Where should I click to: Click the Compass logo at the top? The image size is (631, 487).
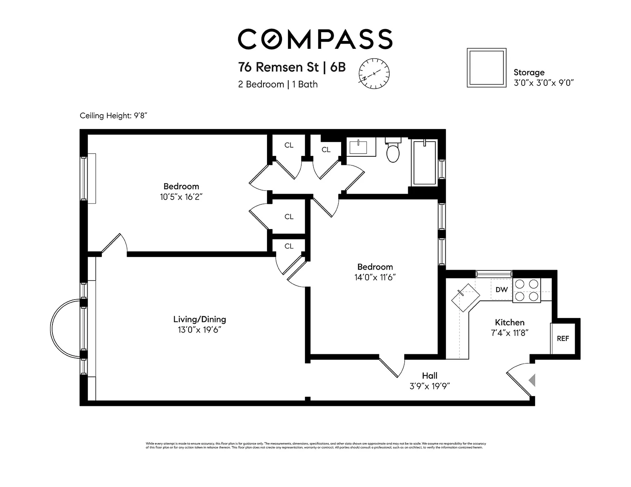[315, 39]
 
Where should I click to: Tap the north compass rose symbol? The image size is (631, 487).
[374, 73]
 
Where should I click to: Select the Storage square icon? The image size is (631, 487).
[486, 68]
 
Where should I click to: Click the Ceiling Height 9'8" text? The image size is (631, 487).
[113, 116]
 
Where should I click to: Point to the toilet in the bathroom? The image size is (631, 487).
[393, 150]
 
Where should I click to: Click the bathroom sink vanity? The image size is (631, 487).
[360, 147]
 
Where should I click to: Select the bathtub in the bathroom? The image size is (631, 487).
[425, 163]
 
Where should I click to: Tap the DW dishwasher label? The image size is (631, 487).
[501, 290]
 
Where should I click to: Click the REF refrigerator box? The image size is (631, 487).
[562, 338]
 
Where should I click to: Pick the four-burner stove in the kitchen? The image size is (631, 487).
[526, 290]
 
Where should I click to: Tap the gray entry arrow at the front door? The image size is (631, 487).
[532, 380]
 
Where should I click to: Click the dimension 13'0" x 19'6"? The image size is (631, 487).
[199, 330]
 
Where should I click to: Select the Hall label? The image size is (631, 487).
[429, 376]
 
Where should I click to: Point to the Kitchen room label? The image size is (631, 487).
[510, 322]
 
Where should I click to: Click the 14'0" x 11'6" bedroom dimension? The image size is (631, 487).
[375, 277]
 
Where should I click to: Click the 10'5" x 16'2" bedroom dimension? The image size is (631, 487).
[181, 197]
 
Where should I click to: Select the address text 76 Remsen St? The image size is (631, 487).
[278, 67]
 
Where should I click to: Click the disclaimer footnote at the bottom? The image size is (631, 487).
[315, 445]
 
